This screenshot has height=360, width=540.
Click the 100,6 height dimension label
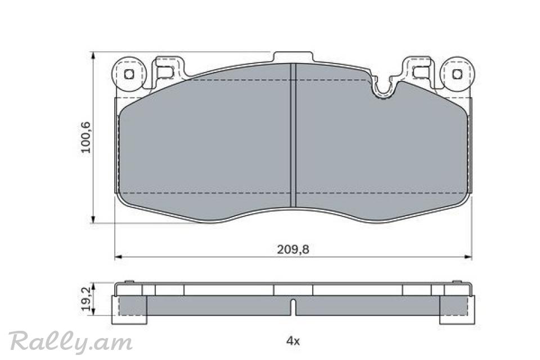(x=85, y=137)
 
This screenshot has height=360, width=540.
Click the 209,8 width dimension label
(x=293, y=249)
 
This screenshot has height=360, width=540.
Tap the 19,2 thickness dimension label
(x=86, y=298)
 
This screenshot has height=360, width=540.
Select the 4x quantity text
(x=293, y=341)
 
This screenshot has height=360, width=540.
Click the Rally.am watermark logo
(x=71, y=341)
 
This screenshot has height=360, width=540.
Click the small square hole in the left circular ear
(x=129, y=74)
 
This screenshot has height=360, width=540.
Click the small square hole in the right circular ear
(x=457, y=74)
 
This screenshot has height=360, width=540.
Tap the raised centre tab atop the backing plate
(x=293, y=57)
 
